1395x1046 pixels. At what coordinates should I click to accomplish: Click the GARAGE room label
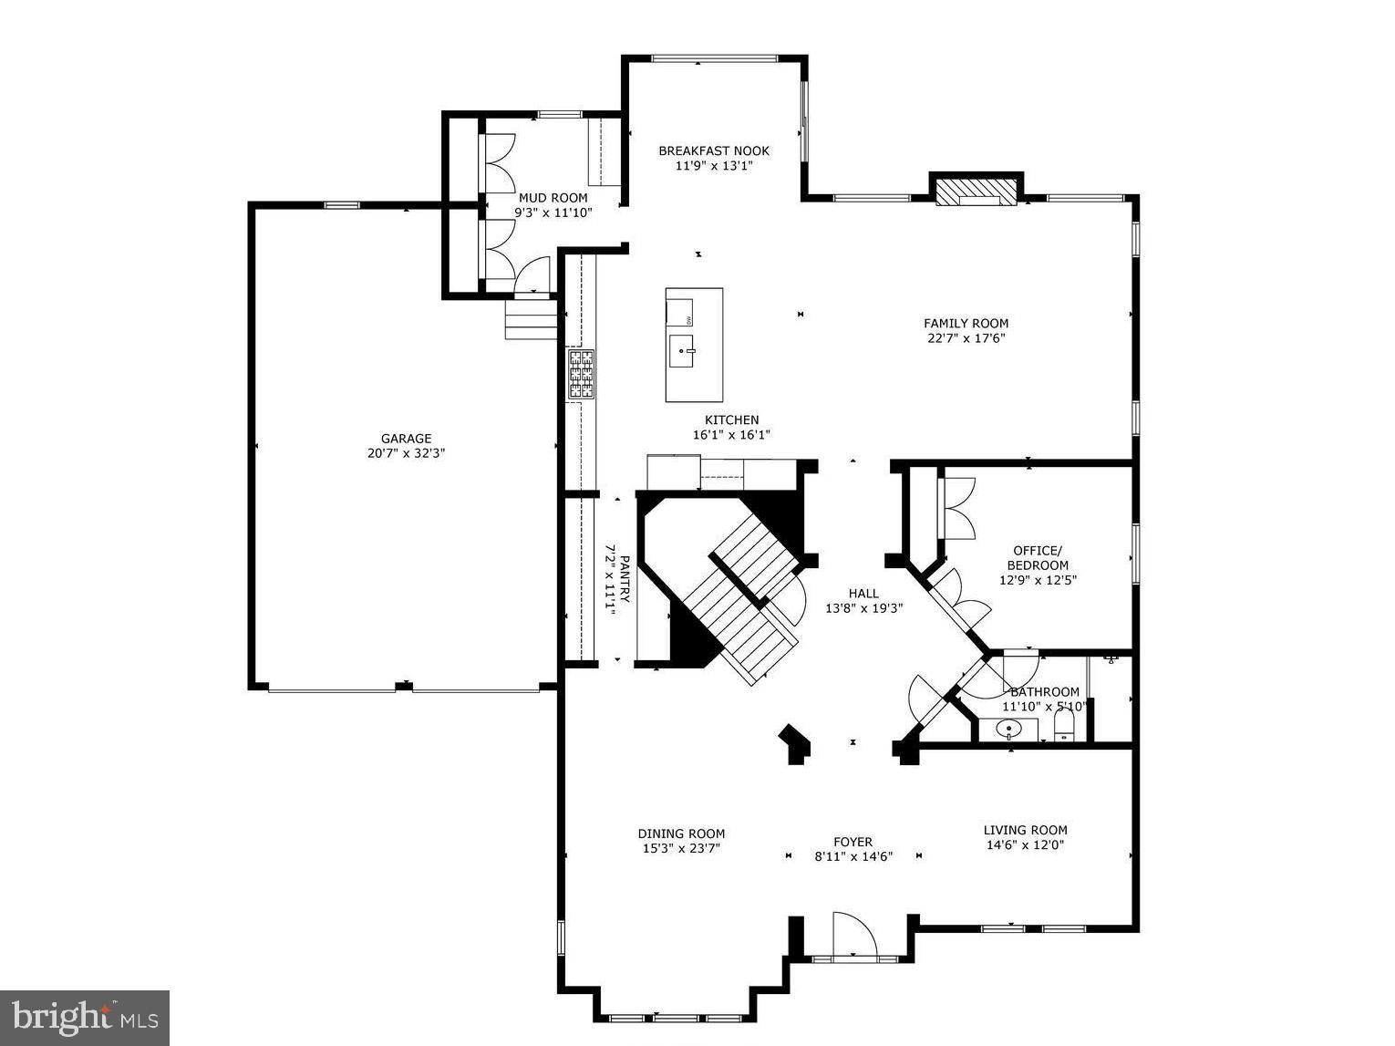[x=406, y=439]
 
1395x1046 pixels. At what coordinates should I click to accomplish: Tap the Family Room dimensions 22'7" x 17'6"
[x=966, y=338]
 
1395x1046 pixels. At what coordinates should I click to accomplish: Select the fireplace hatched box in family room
[x=976, y=191]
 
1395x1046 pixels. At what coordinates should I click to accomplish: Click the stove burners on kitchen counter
[x=582, y=375]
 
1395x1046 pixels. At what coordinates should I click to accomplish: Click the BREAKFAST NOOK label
[x=714, y=151]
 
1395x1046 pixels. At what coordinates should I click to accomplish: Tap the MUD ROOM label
[x=553, y=198]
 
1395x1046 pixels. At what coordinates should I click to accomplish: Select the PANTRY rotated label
[x=625, y=579]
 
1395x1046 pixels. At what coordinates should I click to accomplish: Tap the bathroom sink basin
[x=1007, y=729]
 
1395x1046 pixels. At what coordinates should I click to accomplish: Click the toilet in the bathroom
[x=1064, y=727]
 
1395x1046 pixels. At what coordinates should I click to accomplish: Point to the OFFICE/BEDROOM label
[x=1038, y=557]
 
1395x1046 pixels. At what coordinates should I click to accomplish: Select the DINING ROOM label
[x=681, y=833]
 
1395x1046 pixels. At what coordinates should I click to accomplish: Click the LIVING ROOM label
[x=1025, y=830]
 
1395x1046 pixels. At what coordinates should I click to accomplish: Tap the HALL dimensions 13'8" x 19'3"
[x=863, y=608]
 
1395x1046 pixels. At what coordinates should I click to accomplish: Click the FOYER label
[x=852, y=842]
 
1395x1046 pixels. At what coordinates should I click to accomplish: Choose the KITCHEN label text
[x=731, y=420]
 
